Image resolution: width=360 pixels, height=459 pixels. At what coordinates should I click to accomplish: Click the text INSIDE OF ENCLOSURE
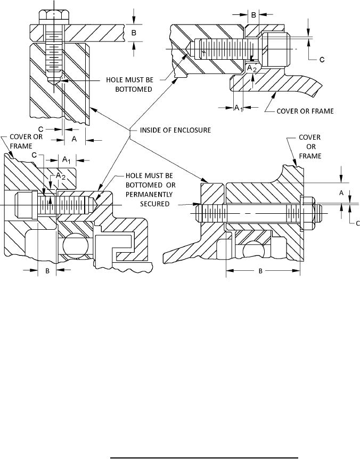(175, 130)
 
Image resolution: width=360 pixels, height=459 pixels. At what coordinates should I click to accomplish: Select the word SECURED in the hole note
(154, 204)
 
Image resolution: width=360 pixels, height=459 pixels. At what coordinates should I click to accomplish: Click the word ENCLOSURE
(192, 130)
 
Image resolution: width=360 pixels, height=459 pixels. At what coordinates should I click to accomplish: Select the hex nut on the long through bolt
(308, 214)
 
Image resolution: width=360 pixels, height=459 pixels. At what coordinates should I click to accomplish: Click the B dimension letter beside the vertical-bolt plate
(133, 33)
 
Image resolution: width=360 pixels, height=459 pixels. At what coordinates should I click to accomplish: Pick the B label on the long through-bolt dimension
(260, 271)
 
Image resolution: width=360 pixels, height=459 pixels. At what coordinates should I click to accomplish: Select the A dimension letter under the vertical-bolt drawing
(74, 139)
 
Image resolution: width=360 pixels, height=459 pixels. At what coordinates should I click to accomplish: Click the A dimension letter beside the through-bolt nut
(341, 193)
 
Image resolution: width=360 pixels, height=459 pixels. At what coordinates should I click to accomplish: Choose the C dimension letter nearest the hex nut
(357, 223)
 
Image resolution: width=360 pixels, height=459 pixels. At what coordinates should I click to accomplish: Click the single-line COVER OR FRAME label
(305, 111)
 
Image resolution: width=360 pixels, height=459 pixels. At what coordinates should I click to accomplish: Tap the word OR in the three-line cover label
(311, 147)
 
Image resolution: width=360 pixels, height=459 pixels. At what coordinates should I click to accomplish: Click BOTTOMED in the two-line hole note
(134, 89)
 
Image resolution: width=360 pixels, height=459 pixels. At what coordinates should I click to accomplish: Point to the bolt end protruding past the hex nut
(319, 213)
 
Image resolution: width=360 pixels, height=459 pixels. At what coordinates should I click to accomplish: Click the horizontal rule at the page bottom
(204, 457)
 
